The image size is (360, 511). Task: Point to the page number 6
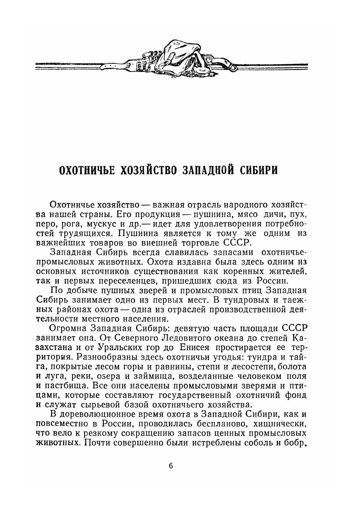[x=171, y=466]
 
